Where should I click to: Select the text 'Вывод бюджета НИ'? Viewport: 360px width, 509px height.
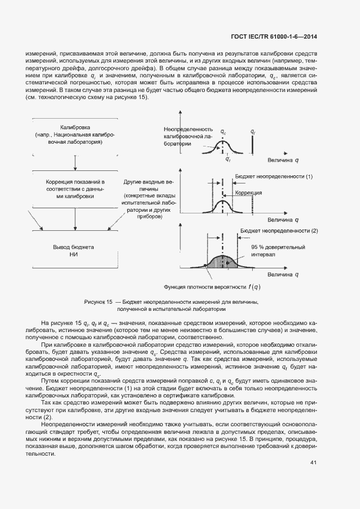tap(74, 250)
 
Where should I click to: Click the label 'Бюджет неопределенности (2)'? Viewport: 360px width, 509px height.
tap(278, 231)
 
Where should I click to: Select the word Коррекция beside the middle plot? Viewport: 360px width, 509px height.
tap(249, 193)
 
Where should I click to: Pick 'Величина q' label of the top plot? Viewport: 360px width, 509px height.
tap(283, 161)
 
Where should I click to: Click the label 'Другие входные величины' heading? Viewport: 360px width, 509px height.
tap(148, 184)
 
